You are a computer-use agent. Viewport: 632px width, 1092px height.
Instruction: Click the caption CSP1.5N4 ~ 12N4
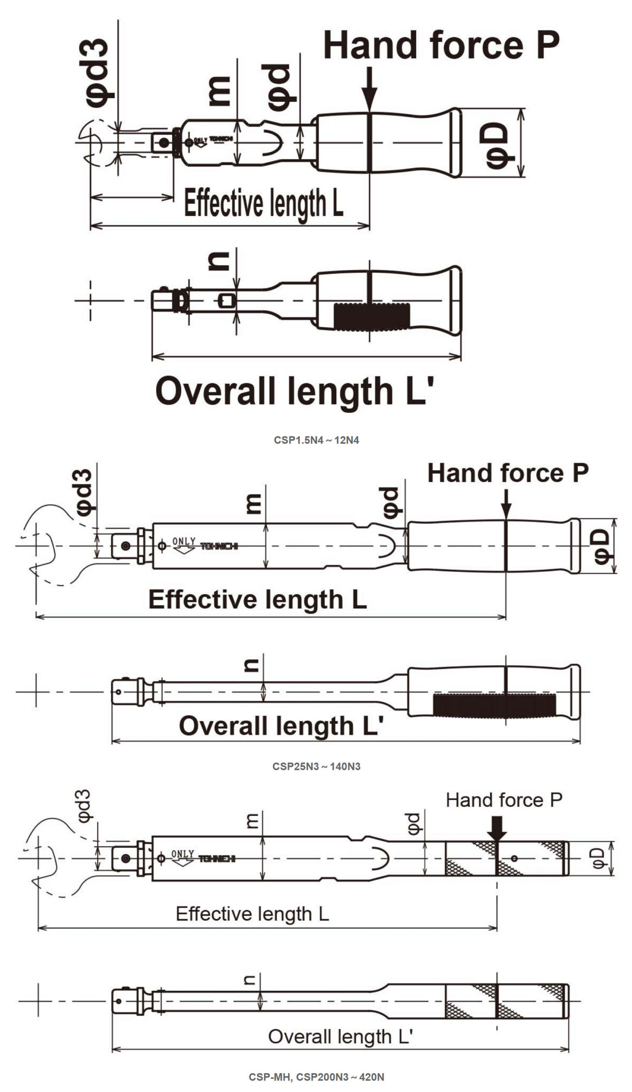(x=316, y=440)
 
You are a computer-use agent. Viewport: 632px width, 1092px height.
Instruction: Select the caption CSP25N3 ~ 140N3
(x=316, y=767)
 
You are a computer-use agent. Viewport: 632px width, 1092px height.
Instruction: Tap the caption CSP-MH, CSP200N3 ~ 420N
(x=316, y=1077)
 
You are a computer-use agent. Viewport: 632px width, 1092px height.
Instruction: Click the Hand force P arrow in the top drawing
(x=369, y=89)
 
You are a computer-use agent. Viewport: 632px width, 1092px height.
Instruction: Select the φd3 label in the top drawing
(x=97, y=73)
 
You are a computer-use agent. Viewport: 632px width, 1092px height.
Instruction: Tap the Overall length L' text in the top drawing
(x=294, y=391)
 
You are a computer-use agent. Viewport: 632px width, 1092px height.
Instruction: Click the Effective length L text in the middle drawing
(x=257, y=599)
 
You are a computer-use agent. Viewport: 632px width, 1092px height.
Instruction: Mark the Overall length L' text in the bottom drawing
(x=340, y=1037)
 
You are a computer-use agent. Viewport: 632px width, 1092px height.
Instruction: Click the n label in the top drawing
(x=219, y=261)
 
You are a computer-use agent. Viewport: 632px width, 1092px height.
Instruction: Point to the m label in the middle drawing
(x=253, y=503)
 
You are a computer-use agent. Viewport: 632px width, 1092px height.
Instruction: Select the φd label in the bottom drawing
(x=414, y=824)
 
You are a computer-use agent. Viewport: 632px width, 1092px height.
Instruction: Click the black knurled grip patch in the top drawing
(x=372, y=317)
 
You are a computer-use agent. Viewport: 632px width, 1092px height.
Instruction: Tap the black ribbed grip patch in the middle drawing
(x=494, y=705)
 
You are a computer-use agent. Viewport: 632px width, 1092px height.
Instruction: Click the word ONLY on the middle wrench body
(x=184, y=541)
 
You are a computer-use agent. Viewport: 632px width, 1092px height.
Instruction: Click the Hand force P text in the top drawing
(x=441, y=46)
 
